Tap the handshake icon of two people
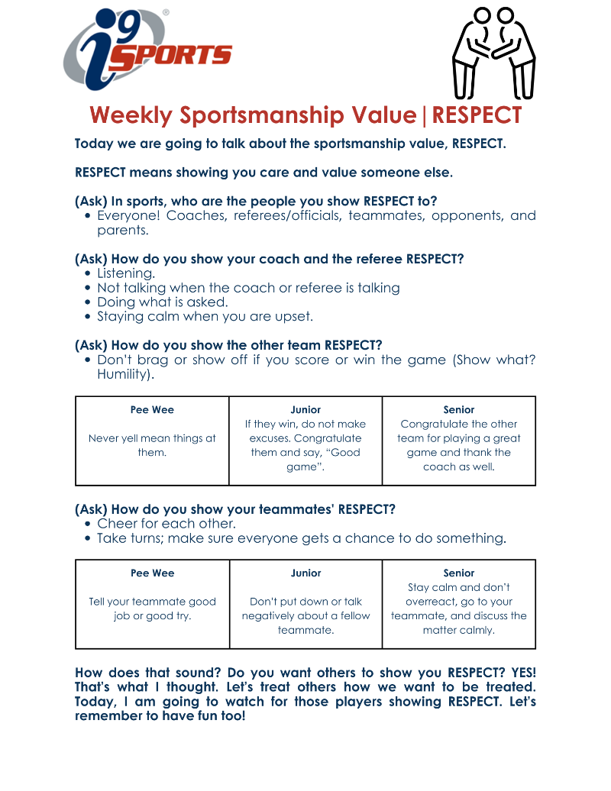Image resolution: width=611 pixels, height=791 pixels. pyautogui.click(x=493, y=53)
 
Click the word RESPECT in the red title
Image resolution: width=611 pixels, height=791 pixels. pyautogui.click(x=477, y=115)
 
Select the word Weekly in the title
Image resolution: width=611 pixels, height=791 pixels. pyautogui.click(x=131, y=115)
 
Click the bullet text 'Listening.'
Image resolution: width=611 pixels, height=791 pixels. pyautogui.click(x=126, y=273)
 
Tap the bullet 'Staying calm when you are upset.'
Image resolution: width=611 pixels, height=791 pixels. pyautogui.click(x=205, y=317)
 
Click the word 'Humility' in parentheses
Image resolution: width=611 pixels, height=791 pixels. pyautogui.click(x=123, y=374)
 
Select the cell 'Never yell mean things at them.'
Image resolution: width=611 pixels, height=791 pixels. pyautogui.click(x=152, y=445)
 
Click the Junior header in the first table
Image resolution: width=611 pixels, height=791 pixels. pyautogui.click(x=305, y=410)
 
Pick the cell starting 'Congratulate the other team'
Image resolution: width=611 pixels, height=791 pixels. pyautogui.click(x=459, y=445)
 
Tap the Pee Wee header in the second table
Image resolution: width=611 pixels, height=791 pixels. pyautogui.click(x=152, y=573)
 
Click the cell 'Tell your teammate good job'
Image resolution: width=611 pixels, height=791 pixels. pyautogui.click(x=152, y=609)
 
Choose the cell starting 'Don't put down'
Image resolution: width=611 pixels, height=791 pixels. pyautogui.click(x=305, y=615)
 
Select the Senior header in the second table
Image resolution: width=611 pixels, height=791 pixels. pyautogui.click(x=459, y=573)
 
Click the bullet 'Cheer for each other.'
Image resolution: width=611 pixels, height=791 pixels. pyautogui.click(x=166, y=524)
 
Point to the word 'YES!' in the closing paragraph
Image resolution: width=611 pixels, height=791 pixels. pyautogui.click(x=522, y=673)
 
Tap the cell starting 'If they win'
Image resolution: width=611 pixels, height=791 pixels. pyautogui.click(x=305, y=445)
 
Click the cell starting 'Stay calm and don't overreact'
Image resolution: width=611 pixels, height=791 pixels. pyautogui.click(x=459, y=609)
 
